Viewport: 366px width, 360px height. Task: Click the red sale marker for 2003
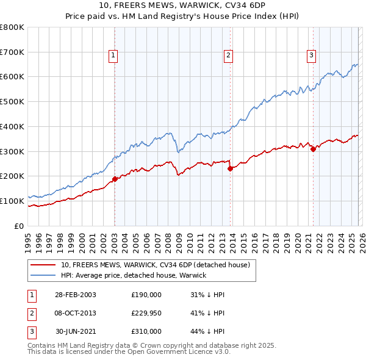[x=115, y=179]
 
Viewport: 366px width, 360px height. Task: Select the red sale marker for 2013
[x=230, y=169]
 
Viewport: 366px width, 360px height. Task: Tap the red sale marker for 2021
[x=313, y=149]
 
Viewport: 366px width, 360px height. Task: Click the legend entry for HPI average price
[x=134, y=275]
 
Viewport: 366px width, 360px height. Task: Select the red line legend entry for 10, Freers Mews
[x=155, y=265]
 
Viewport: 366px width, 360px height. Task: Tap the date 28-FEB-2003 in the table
[x=75, y=295]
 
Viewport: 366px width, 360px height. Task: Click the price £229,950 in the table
[x=146, y=313]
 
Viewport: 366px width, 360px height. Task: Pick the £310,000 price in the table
[x=146, y=331]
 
